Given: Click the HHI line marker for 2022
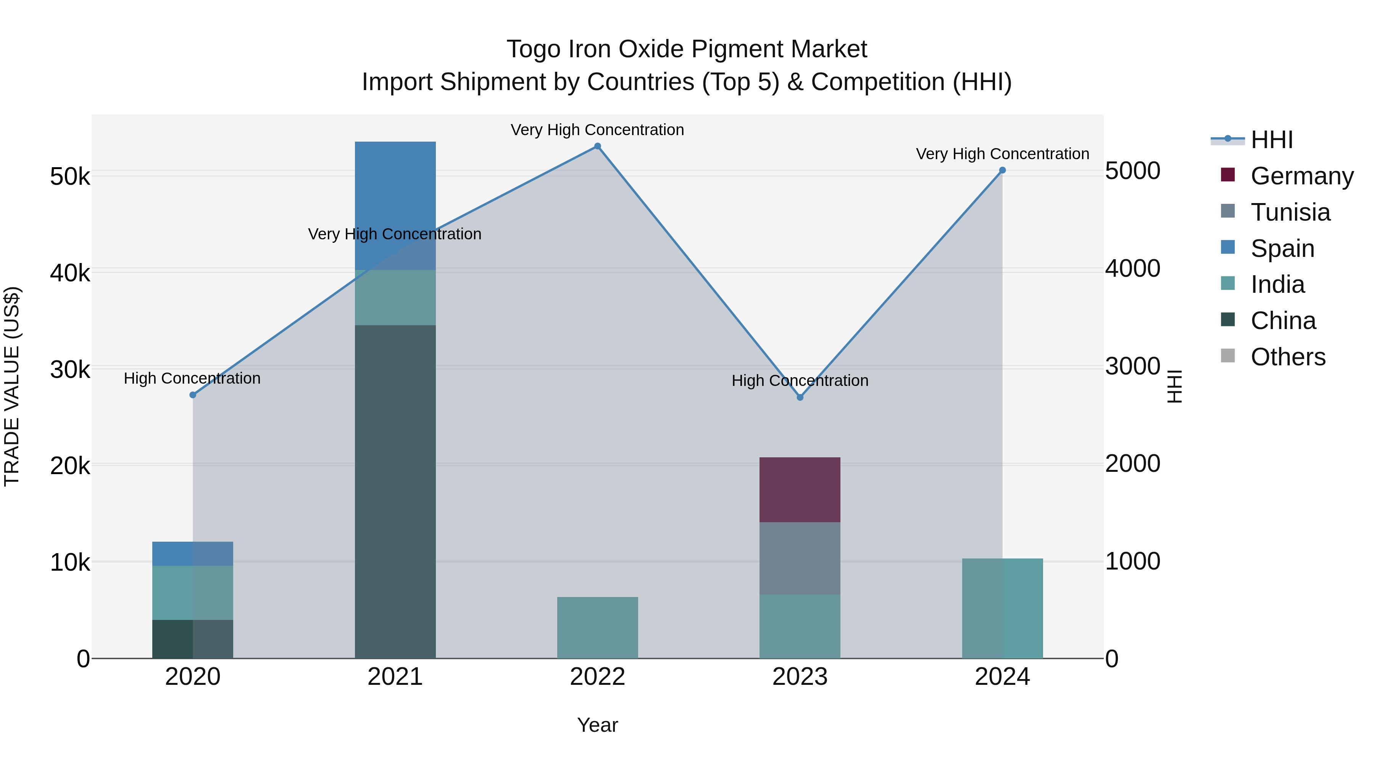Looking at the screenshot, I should point(597,146).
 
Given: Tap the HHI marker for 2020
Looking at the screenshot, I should point(193,395).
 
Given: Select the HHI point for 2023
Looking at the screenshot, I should point(800,397).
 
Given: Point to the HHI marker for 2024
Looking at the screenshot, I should point(1002,170).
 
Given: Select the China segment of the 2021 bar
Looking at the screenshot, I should point(395,491).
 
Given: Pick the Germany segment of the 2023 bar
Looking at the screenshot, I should point(800,489).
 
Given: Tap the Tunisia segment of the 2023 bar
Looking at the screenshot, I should point(800,558).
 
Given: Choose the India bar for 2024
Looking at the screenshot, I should point(1002,608).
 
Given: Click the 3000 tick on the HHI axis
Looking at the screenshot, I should point(1132,366).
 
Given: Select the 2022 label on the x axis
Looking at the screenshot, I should point(597,677).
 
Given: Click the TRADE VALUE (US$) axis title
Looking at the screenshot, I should point(12,386).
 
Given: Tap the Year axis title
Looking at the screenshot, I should point(597,725).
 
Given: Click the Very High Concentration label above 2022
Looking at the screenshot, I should point(597,130).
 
